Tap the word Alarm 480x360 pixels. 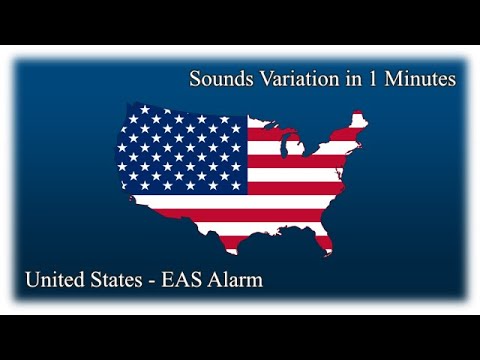point(238,280)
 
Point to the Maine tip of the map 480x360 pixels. point(356,117)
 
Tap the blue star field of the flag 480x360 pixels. point(181,150)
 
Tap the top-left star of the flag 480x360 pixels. point(130,111)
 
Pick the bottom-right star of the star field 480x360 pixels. point(236,185)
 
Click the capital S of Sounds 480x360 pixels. point(195,78)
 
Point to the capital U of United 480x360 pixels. point(34,280)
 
